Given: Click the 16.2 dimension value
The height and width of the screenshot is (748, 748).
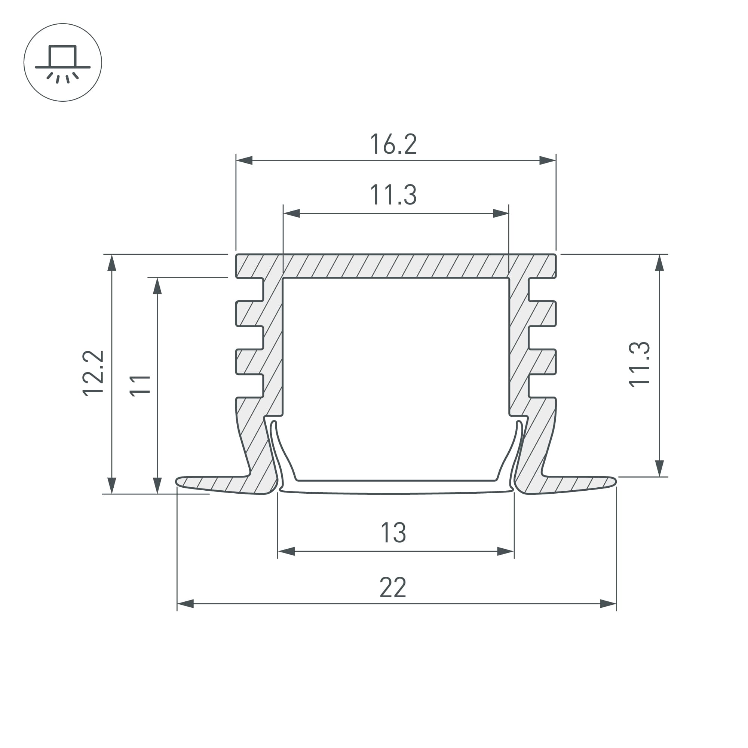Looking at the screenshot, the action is click(393, 144).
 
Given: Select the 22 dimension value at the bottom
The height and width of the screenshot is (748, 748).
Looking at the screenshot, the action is click(393, 587).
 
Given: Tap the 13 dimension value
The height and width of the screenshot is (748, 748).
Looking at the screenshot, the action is click(393, 533).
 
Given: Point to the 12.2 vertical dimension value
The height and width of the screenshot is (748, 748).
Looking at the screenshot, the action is click(93, 373).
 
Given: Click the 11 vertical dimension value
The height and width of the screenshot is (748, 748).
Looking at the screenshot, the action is click(140, 385).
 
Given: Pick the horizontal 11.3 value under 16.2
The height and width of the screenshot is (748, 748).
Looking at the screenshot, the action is click(393, 194).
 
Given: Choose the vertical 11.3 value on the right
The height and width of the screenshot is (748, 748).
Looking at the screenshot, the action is click(639, 364).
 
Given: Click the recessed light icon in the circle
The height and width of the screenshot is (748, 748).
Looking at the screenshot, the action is click(63, 64).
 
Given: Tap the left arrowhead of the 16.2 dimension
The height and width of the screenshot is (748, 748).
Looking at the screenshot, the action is click(244, 160).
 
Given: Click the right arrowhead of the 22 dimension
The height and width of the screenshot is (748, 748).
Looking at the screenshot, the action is click(608, 604).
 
